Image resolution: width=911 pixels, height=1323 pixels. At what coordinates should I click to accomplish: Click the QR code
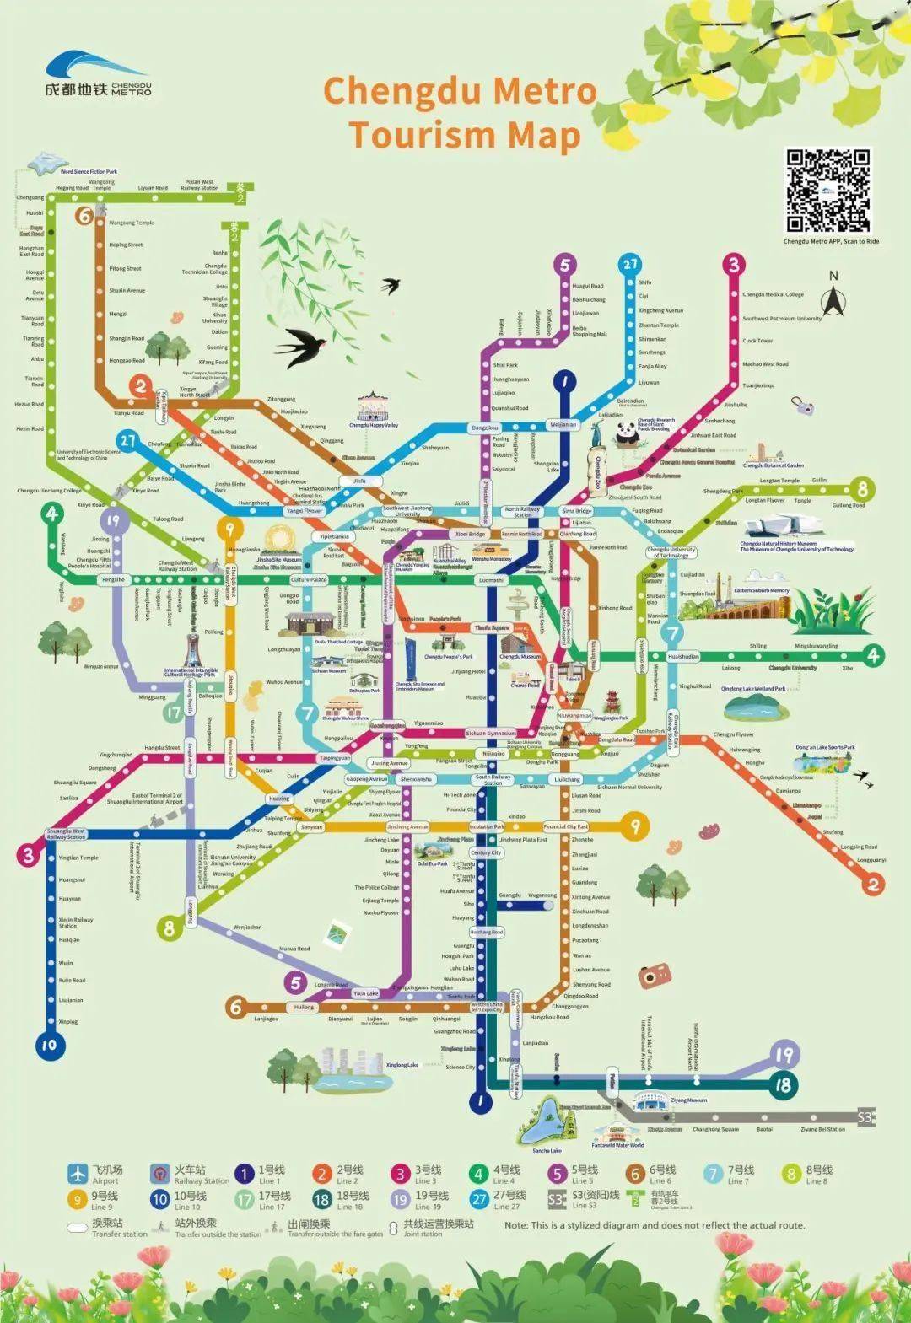[827, 191]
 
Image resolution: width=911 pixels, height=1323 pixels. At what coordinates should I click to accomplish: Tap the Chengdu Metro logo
[98, 76]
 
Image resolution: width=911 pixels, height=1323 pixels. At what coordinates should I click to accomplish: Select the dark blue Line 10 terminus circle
[49, 1046]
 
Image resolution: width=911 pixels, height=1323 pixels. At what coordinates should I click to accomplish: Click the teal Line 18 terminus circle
[784, 1085]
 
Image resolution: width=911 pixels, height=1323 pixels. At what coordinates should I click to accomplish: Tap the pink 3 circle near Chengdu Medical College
[733, 265]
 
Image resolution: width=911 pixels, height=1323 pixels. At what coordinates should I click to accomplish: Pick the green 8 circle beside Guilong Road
[862, 488]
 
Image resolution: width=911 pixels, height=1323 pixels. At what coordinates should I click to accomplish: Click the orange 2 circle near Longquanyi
[873, 884]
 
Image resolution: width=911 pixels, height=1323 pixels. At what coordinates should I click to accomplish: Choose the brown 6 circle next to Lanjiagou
[235, 1006]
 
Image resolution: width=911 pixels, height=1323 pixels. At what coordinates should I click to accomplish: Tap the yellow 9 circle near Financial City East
[635, 826]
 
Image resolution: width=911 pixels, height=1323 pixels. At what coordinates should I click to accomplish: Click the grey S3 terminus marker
[865, 1118]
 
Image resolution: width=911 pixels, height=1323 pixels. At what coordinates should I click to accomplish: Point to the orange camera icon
[650, 976]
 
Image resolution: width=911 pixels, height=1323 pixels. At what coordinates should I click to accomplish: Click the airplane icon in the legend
[78, 1173]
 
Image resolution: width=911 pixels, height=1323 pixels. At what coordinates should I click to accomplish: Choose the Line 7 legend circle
[714, 1173]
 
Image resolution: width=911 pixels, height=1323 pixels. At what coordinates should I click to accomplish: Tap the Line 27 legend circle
[479, 1199]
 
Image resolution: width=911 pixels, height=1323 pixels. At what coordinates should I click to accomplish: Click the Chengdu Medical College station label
[773, 295]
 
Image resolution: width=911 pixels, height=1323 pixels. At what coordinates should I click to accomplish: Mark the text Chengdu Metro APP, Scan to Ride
[831, 242]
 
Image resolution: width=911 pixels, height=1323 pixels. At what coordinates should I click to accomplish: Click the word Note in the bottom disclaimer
[515, 1225]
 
